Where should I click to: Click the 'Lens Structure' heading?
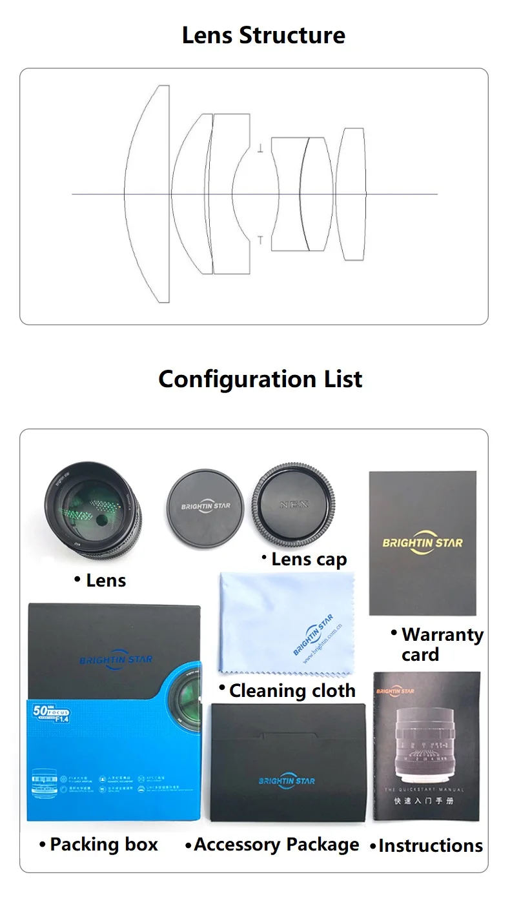pyautogui.click(x=263, y=35)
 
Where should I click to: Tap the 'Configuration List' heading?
pyautogui.click(x=260, y=379)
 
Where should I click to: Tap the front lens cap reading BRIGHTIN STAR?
pyautogui.click(x=205, y=505)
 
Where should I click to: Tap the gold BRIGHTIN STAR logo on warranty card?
pyautogui.click(x=423, y=542)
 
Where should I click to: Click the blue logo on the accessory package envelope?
pyautogui.click(x=287, y=781)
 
